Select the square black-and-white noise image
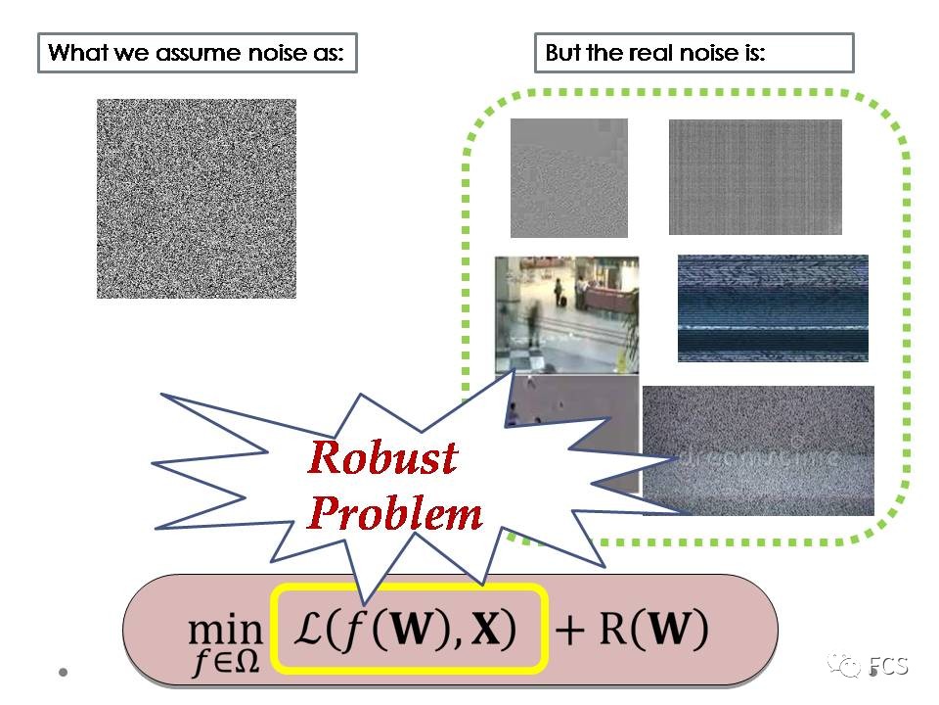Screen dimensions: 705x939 (x=196, y=198)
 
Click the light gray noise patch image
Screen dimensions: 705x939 (x=568, y=177)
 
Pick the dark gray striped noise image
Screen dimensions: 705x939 (x=754, y=177)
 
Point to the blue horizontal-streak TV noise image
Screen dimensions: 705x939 (x=773, y=307)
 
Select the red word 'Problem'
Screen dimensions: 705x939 (x=395, y=513)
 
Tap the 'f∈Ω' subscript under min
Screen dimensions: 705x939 (x=226, y=662)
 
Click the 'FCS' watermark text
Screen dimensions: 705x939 (x=889, y=667)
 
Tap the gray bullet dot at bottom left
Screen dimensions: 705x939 (x=64, y=673)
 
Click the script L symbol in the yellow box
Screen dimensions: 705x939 (x=313, y=630)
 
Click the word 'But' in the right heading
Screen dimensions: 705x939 (x=562, y=53)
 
